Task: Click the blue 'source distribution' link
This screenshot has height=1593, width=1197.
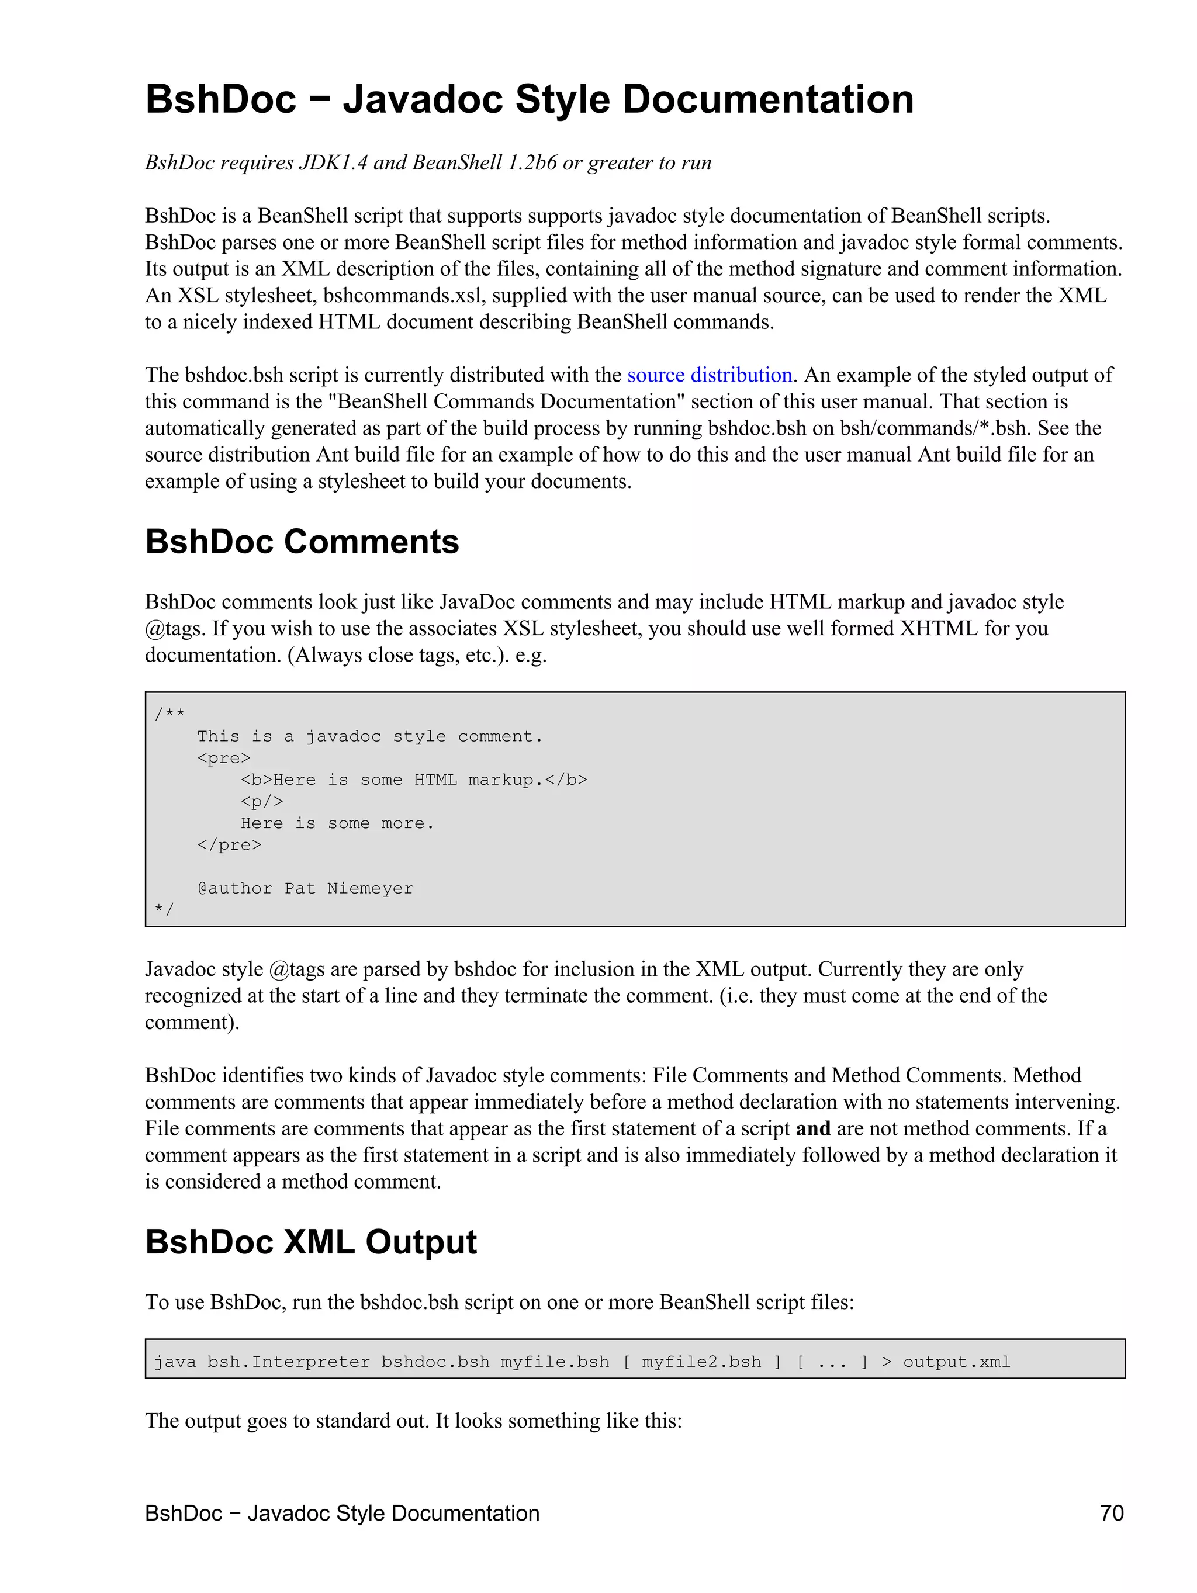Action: (709, 375)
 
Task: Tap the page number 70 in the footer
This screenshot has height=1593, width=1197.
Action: (1111, 1512)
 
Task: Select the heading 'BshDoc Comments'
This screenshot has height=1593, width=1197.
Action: (302, 542)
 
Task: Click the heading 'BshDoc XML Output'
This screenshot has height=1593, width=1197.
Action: (310, 1242)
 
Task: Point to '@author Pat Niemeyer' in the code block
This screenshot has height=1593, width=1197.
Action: (305, 888)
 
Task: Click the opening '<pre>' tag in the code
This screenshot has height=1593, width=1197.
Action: (224, 757)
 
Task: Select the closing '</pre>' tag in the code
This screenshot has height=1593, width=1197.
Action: (229, 845)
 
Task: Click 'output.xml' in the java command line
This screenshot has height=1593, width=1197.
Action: (956, 1362)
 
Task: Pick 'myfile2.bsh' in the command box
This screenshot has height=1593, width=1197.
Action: (701, 1362)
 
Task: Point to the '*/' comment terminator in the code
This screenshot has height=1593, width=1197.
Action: (164, 909)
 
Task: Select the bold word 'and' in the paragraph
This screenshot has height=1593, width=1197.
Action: (812, 1128)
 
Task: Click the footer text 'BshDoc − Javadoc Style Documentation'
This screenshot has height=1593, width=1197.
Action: (342, 1512)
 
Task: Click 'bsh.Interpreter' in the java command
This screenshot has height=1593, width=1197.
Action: (288, 1362)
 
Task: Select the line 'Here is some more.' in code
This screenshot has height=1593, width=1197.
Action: (337, 823)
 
